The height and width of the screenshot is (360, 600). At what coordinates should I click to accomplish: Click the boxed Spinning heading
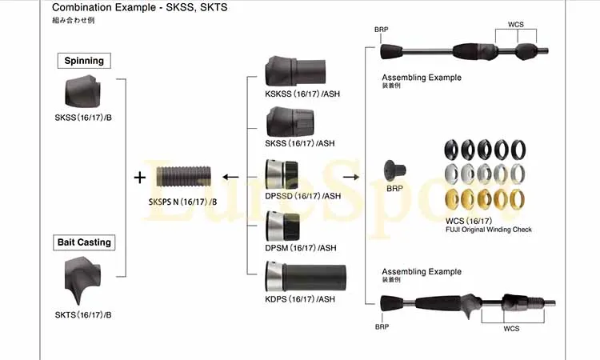[x=84, y=61]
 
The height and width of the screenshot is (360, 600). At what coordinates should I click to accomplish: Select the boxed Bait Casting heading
[x=84, y=242]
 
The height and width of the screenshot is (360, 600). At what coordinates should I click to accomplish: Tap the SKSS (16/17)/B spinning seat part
[x=82, y=91]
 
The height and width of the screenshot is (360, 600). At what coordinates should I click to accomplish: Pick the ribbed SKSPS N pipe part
[x=184, y=176]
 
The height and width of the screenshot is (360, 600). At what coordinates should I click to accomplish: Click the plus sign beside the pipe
[x=140, y=178]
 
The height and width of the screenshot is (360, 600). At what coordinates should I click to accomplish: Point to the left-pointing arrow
[x=230, y=177]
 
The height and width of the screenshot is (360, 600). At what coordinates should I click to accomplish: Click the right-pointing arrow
[x=351, y=177]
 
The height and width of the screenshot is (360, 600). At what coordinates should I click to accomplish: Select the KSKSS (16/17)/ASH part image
[x=295, y=71]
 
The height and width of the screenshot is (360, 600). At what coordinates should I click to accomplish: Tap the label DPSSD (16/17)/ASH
[x=302, y=196]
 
